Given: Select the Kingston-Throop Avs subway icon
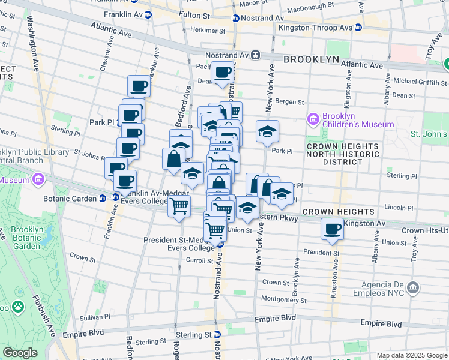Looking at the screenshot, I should click(x=358, y=28).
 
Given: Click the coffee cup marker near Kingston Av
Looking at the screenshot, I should click(x=332, y=229).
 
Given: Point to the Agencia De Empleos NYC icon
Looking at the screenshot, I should click(x=412, y=287).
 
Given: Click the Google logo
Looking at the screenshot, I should click(x=20, y=353).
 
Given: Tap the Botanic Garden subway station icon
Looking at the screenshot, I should click(x=103, y=198).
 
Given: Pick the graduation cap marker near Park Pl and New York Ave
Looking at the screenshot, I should click(x=267, y=132).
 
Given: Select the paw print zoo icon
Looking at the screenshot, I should click(x=19, y=308).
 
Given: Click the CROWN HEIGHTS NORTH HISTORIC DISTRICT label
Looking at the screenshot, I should click(x=343, y=154).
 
